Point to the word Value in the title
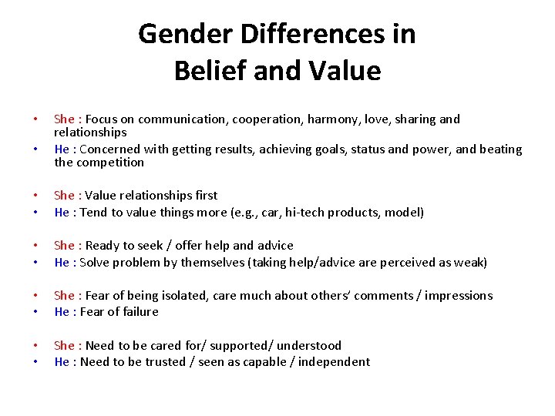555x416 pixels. click(345, 71)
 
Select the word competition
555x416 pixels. click(111, 163)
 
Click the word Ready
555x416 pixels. click(103, 246)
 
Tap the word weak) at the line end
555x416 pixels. click(469, 262)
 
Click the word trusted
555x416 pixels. click(157, 361)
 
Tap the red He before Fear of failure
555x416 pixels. click(62, 311)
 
